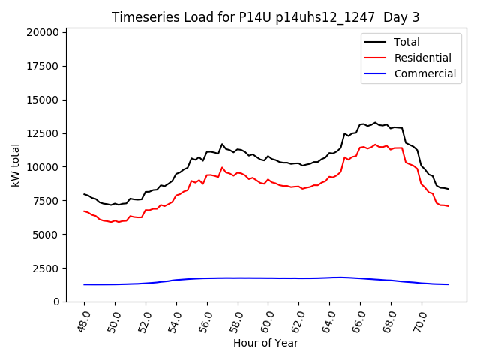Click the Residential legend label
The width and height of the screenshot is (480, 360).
pos(422,58)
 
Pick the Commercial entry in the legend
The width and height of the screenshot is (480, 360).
pos(424,73)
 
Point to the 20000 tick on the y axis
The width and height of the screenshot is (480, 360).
pos(42,32)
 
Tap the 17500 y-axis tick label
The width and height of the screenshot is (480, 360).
pos(42,66)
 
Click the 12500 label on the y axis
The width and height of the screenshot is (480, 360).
pos(42,133)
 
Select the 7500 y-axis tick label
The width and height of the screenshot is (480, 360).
pos(45,201)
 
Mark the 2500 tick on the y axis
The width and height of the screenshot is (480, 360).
pos(45,268)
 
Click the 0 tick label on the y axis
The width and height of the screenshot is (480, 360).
pos(56,301)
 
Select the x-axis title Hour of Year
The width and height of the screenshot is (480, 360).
pos(265,343)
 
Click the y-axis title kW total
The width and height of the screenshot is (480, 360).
pos(16,165)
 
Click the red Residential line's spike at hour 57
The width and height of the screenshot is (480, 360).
pos(222,168)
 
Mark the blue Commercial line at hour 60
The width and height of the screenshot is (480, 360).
pos(268,278)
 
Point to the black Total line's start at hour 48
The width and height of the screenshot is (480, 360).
pos(84,194)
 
